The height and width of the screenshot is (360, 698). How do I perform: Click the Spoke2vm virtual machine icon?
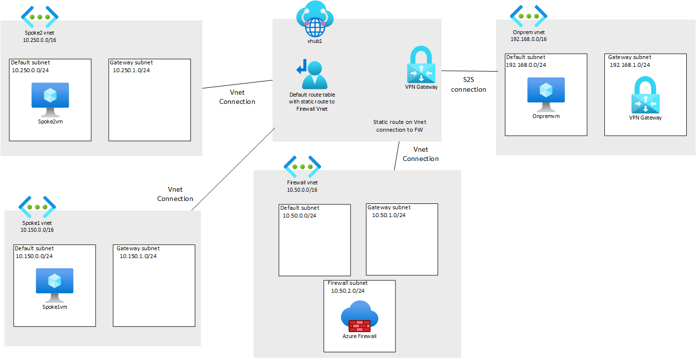[x=50, y=100]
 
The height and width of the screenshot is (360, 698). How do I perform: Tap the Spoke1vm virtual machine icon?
[x=55, y=285]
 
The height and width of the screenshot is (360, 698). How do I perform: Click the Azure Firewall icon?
[x=360, y=316]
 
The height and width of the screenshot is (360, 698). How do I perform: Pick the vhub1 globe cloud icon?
[x=315, y=19]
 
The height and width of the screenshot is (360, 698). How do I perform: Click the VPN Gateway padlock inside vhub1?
[x=421, y=64]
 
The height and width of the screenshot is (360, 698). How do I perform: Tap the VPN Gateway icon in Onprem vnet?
[x=645, y=95]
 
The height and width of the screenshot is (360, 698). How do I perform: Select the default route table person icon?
[x=312, y=74]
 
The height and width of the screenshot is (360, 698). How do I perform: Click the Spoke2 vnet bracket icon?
[x=40, y=17]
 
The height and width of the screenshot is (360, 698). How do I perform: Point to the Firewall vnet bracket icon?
[x=302, y=167]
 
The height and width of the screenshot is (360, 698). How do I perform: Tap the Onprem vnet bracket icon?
[x=529, y=16]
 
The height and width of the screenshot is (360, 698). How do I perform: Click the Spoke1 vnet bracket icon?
[x=37, y=207]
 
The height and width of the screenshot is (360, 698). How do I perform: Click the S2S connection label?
[x=469, y=85]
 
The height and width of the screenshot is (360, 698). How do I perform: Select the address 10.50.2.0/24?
[x=348, y=291]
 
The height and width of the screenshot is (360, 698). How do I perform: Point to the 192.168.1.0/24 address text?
[x=630, y=65]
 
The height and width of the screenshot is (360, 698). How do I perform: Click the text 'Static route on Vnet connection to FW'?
[x=399, y=126]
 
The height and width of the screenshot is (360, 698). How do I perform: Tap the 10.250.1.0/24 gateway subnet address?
[x=131, y=70]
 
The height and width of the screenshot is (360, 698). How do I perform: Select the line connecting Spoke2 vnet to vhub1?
[x=237, y=84]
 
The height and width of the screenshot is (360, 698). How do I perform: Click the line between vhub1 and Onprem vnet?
[x=470, y=71]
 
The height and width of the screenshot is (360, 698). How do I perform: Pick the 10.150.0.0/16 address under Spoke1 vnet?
[x=37, y=230]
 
